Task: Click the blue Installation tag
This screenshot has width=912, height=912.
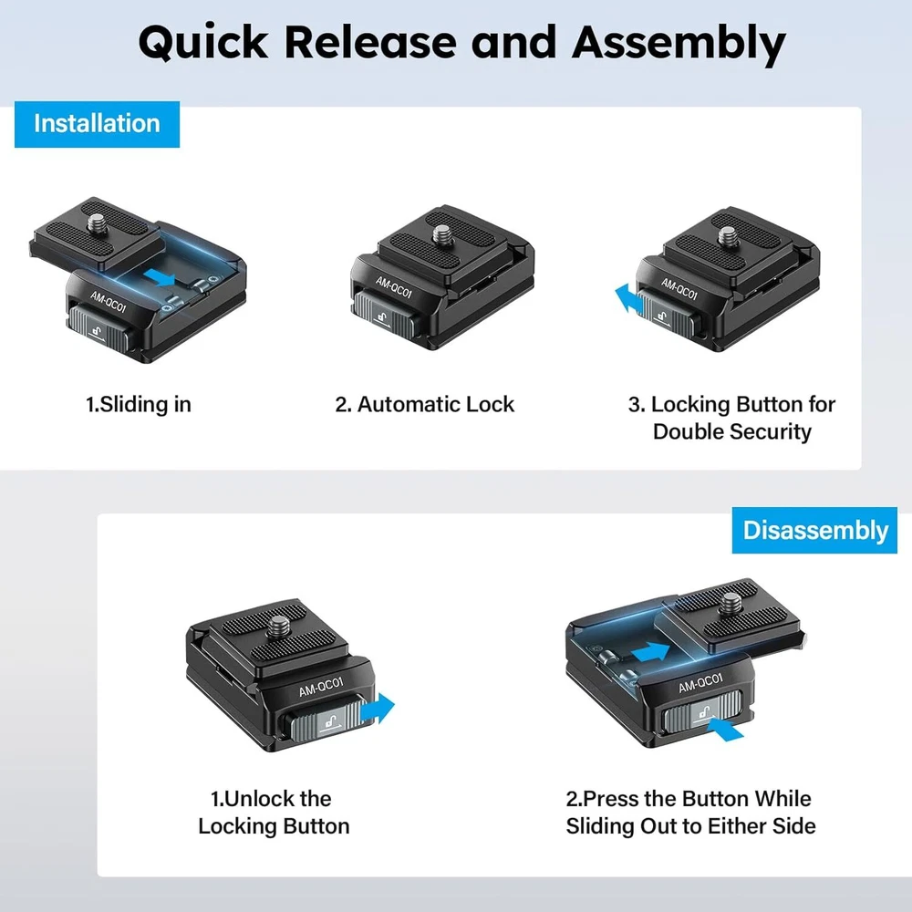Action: [97, 124]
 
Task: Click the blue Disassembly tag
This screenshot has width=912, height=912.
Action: [814, 531]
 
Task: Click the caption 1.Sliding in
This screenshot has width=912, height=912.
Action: [139, 404]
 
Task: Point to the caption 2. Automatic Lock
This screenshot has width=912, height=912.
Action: [424, 404]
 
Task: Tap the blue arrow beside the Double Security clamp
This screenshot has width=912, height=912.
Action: [625, 299]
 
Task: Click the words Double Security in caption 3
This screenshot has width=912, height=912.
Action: [731, 430]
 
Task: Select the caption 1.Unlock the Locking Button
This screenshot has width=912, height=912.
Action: [274, 813]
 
